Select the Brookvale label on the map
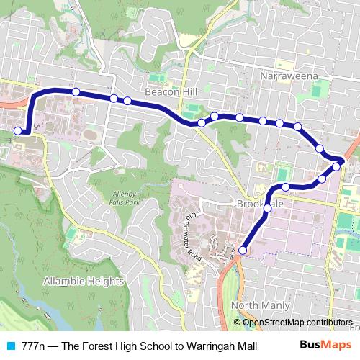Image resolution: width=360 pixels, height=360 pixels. tap(260, 204)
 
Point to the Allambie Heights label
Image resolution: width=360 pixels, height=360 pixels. tap(84, 280)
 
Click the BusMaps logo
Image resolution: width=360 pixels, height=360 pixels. tap(325, 345)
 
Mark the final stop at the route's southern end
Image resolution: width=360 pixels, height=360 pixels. tap(243, 251)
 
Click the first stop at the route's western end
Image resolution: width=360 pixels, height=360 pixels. tap(18, 131)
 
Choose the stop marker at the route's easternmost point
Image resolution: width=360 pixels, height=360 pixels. tap(336, 166)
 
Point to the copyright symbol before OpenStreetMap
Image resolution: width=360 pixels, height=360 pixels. tap(239, 322)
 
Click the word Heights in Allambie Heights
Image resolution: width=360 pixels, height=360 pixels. tap(105, 280)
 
